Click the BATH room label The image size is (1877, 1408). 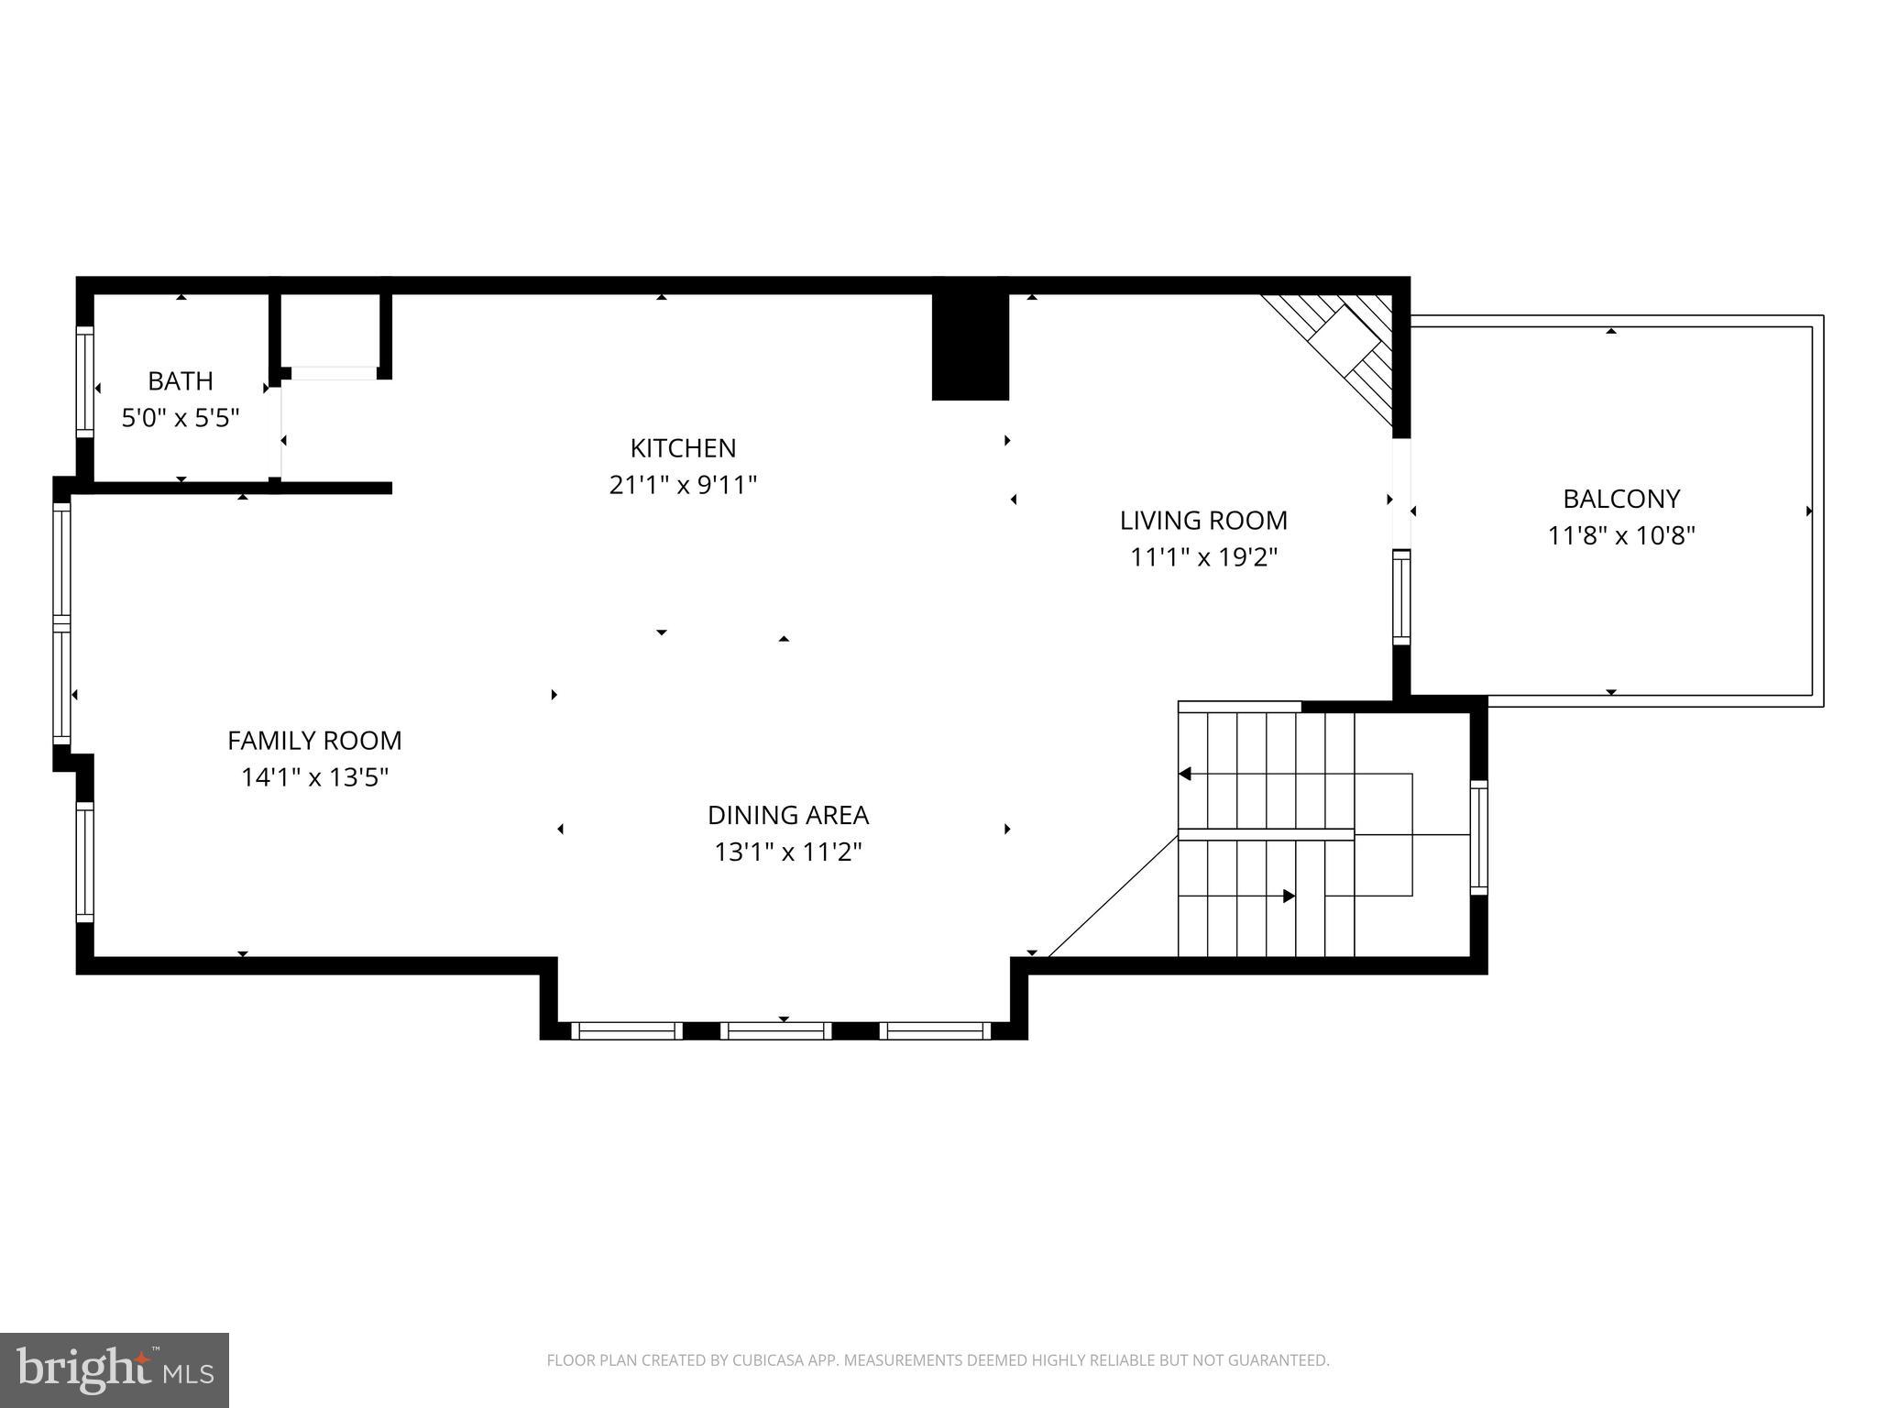point(181,380)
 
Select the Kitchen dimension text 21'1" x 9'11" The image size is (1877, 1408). point(683,485)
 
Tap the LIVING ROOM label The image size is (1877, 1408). point(1203,521)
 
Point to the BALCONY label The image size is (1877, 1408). point(1620,499)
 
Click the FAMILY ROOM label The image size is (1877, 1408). point(314,740)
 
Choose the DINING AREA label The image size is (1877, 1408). point(787,815)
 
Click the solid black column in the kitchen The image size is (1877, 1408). point(970,346)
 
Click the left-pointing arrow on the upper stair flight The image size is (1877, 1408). point(1185,774)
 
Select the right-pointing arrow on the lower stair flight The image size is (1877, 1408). point(1288,896)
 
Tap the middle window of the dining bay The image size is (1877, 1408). point(775,1031)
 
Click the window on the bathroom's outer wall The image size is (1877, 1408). point(84,381)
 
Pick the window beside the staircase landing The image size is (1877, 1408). point(1478,836)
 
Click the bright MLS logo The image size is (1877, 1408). point(114,1369)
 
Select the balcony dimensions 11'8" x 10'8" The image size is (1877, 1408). point(1620,535)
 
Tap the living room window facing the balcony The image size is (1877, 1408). point(1400,597)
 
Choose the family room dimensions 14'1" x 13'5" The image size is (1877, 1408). point(314,777)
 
